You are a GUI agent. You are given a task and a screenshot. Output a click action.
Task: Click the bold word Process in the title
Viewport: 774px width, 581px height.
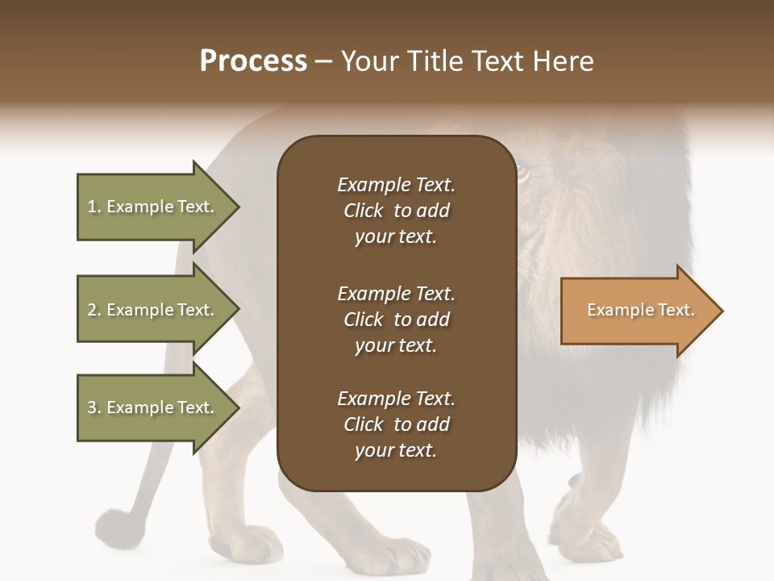253,61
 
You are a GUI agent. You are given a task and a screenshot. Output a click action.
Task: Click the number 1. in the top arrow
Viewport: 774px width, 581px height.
94,207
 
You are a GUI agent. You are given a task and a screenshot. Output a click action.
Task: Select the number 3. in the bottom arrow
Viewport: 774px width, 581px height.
94,408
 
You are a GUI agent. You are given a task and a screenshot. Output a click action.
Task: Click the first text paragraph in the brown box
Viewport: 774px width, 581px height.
396,211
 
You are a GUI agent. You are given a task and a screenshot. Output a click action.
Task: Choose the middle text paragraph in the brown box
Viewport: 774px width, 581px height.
396,320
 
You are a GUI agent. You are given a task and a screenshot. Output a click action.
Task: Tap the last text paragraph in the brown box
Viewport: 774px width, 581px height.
396,424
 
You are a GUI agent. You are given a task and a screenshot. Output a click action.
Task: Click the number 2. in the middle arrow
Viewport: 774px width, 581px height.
94,310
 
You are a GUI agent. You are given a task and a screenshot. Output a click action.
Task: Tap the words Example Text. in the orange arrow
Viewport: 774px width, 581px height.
640,310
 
